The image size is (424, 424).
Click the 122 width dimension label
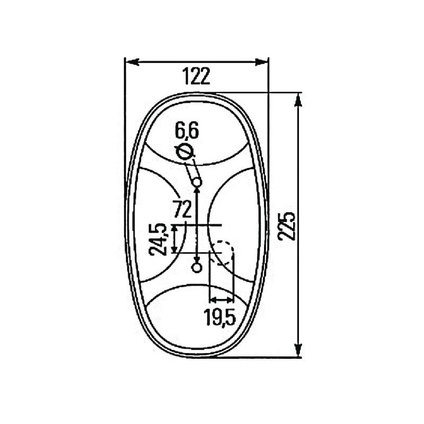tap(196, 76)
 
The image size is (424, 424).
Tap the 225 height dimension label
tap(287, 226)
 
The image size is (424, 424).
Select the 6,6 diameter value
tap(187, 130)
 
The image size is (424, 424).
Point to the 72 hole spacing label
tap(182, 209)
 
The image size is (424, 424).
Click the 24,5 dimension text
tap(158, 240)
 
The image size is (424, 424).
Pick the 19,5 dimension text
tap(220, 317)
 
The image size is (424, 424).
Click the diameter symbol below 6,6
tap(184, 152)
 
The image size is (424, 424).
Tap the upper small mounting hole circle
tap(197, 182)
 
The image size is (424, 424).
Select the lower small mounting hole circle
tap(197, 268)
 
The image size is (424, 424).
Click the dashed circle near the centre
tap(222, 252)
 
